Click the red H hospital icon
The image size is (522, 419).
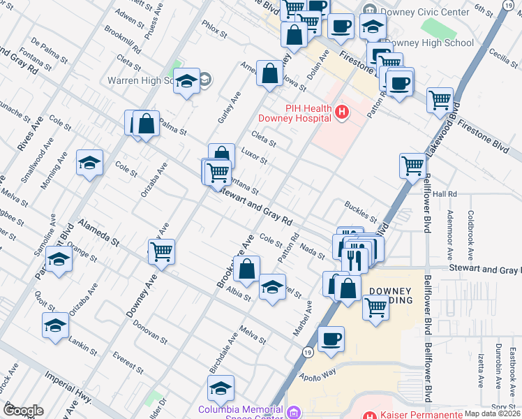tap(341, 112)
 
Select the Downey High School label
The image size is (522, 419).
tap(428, 43)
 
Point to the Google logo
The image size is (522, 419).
tap(23, 411)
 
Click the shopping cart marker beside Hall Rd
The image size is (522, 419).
tap(412, 166)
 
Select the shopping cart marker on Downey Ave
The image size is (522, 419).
tap(161, 251)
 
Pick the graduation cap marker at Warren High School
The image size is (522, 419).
tap(186, 81)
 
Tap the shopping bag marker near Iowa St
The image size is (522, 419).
tap(269, 73)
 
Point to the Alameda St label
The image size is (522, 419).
tap(98, 231)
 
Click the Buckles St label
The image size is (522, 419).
tap(361, 212)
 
